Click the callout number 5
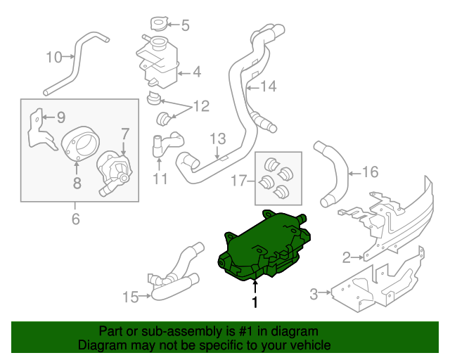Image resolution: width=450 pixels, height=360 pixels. (185, 27)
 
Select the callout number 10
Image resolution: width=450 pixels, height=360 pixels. (54, 57)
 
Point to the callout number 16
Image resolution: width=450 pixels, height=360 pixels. (371, 171)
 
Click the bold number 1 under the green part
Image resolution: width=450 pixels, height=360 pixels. (255, 302)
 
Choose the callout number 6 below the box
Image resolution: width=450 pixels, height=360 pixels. (75, 219)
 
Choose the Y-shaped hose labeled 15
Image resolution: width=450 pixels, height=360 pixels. (176, 274)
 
